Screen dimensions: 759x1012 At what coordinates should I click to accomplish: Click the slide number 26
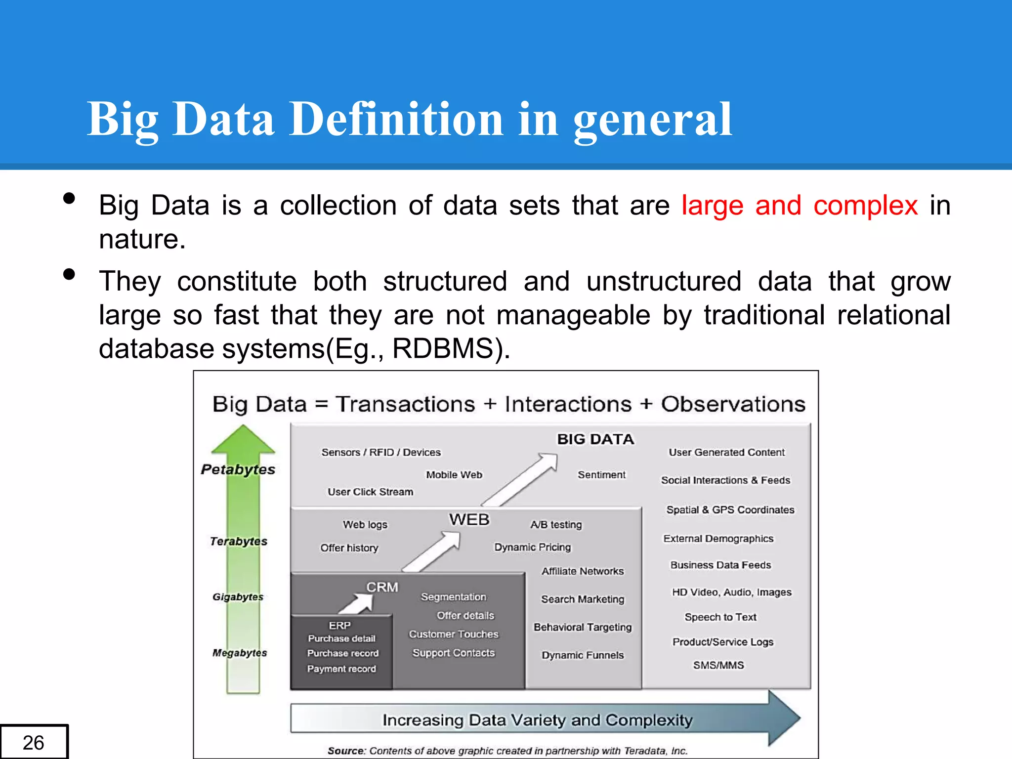tap(33, 742)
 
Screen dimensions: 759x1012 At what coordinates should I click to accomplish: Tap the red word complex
tap(865, 205)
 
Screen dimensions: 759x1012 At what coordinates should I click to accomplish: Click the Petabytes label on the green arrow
tap(238, 469)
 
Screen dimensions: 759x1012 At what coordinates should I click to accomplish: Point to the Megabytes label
tap(240, 653)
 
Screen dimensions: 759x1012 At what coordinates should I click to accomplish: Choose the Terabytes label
tap(239, 541)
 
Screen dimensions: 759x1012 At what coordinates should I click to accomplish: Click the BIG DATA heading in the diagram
tap(595, 439)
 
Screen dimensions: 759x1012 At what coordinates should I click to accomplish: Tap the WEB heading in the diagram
tap(469, 520)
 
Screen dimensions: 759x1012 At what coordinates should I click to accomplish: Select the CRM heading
tap(382, 587)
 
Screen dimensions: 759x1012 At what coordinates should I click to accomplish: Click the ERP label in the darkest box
tap(340, 626)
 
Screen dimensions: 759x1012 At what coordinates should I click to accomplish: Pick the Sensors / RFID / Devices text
tap(381, 452)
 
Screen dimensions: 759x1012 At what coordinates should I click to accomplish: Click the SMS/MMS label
tap(718, 665)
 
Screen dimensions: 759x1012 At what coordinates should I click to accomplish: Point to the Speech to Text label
tap(720, 617)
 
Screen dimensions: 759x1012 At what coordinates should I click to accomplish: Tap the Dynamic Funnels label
tap(583, 655)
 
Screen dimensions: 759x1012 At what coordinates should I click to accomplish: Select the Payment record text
tap(341, 669)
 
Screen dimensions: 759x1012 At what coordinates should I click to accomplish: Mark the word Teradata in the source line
tap(645, 751)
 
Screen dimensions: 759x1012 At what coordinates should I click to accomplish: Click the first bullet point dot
tap(69, 199)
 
